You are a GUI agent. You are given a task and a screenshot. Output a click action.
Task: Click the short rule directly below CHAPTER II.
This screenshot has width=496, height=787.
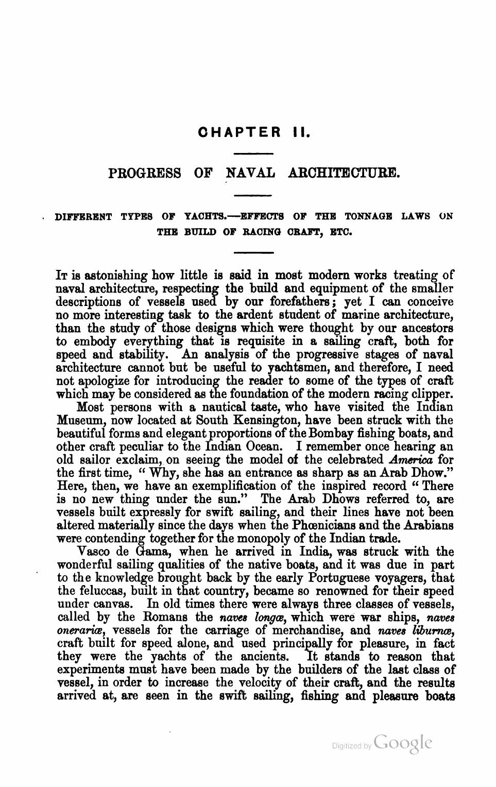(x=253, y=153)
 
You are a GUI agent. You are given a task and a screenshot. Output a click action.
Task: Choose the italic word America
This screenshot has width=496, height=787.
(x=408, y=459)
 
